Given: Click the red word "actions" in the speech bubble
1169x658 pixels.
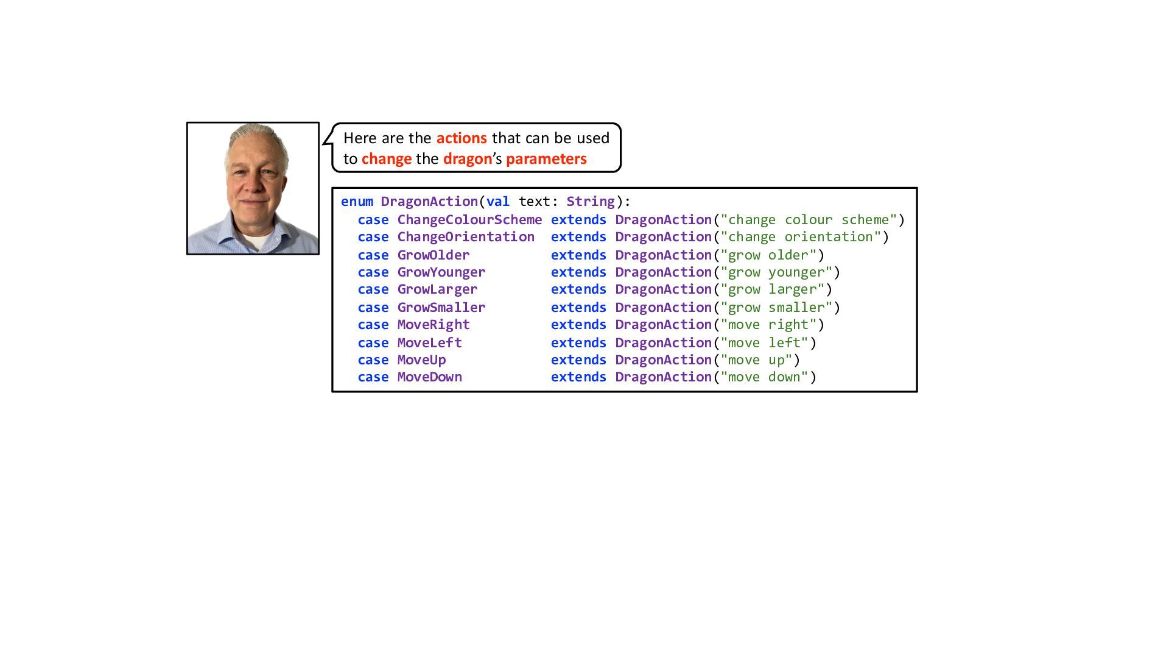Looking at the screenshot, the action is click(462, 138).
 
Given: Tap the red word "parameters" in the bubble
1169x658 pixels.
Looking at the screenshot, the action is click(546, 159).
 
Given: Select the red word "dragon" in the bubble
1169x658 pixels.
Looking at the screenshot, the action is click(467, 159).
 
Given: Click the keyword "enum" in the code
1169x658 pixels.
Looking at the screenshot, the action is click(357, 202).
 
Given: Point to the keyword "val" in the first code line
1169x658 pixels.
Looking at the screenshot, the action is click(497, 202).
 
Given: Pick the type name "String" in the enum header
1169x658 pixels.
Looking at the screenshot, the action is click(591, 202).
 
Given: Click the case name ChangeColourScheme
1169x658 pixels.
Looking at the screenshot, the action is click(469, 220).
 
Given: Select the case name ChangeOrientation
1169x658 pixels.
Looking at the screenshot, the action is click(466, 237).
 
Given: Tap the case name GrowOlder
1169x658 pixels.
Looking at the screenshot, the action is click(434, 255).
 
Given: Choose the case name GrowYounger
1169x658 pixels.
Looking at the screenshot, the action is click(441, 272).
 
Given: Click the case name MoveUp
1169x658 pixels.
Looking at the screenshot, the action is click(421, 360).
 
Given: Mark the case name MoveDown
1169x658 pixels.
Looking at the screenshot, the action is click(429, 377).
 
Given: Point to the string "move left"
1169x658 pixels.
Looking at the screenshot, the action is click(764, 343).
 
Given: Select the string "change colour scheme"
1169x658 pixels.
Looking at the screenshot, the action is click(809, 220).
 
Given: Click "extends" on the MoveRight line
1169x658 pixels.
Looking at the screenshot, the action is click(578, 325).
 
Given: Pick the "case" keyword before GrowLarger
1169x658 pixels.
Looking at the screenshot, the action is click(373, 289).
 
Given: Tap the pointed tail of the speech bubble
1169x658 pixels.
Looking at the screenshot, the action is click(326, 141).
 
